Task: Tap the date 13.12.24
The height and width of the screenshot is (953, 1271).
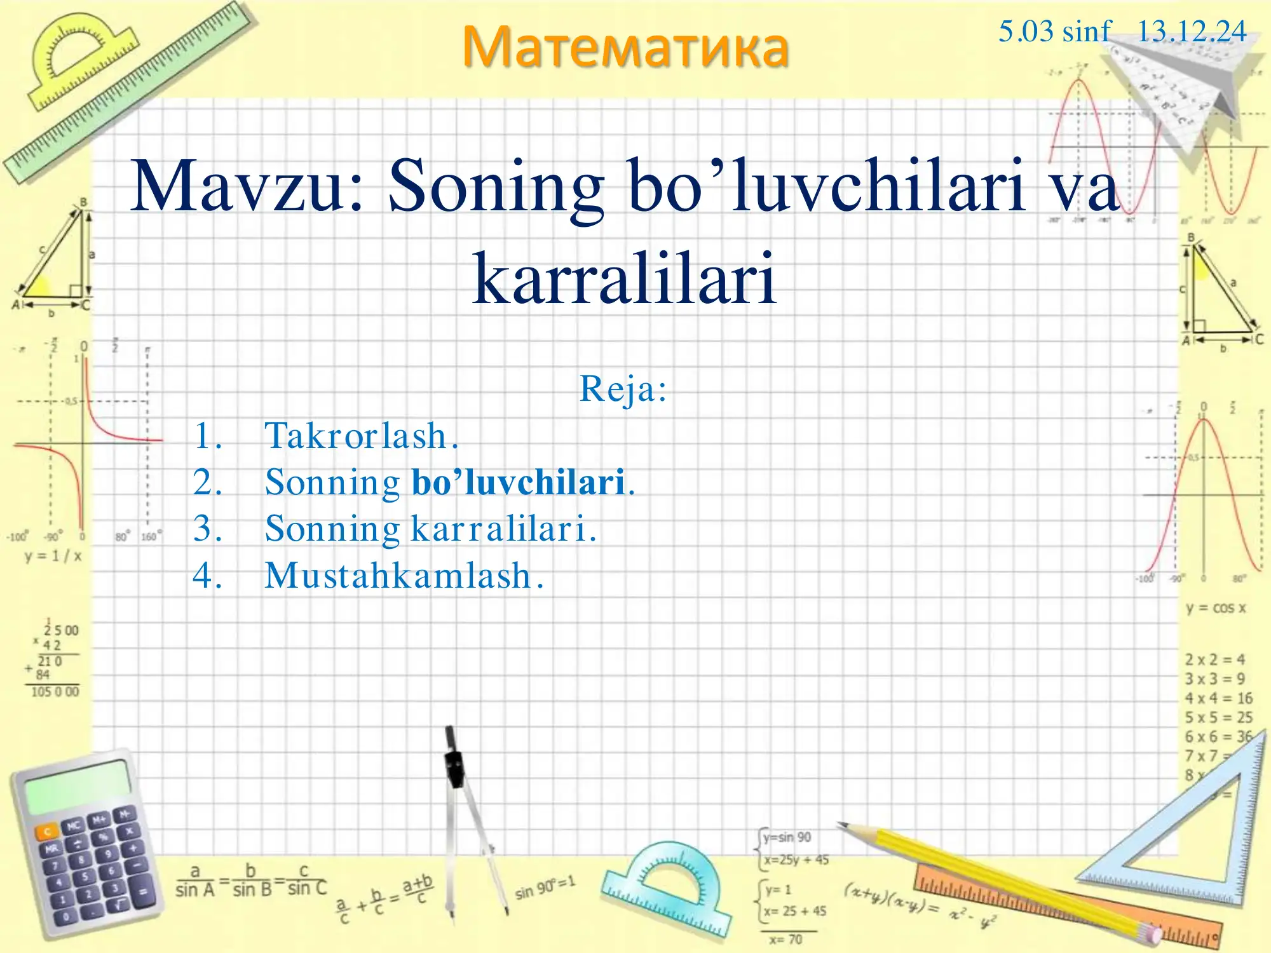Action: (x=1192, y=32)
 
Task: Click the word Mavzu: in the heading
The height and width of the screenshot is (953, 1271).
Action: (x=248, y=186)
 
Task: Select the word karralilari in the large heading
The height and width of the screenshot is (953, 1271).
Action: (x=625, y=278)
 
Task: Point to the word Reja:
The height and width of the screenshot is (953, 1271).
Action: (x=623, y=389)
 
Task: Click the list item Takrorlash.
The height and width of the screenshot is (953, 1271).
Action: (x=361, y=436)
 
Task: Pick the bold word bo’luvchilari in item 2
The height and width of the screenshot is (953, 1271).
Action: (x=518, y=482)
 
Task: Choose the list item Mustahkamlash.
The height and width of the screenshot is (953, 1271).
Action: (x=404, y=576)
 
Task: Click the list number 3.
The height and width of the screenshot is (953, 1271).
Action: (x=207, y=529)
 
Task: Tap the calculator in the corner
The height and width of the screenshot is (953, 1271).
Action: (x=86, y=845)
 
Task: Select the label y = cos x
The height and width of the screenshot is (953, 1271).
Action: (x=1216, y=608)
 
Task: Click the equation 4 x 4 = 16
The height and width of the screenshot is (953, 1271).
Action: (x=1218, y=698)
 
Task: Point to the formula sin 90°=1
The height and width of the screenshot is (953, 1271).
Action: (x=545, y=888)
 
